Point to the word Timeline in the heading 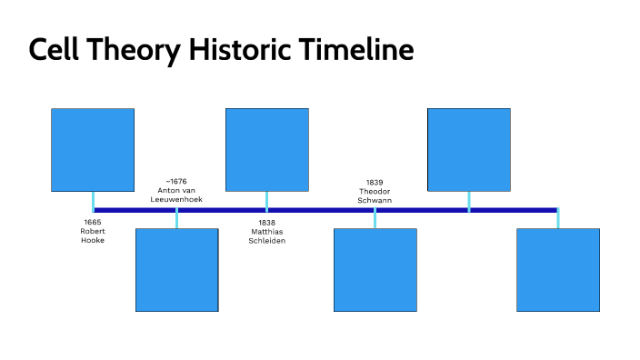click(357, 50)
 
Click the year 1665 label click(93, 222)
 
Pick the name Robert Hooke click(93, 235)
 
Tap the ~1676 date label click(176, 181)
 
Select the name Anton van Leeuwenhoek click(176, 194)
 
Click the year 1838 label click(266, 222)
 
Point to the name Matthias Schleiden click(266, 235)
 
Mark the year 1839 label click(375, 182)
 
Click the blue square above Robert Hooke click(93, 149)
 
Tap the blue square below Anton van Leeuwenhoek click(176, 270)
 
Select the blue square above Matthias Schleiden click(266, 149)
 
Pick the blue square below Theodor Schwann click(375, 270)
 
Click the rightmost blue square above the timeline click(468, 149)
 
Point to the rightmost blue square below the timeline click(557, 270)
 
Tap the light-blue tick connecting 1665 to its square click(93, 201)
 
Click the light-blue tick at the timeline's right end click(557, 218)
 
